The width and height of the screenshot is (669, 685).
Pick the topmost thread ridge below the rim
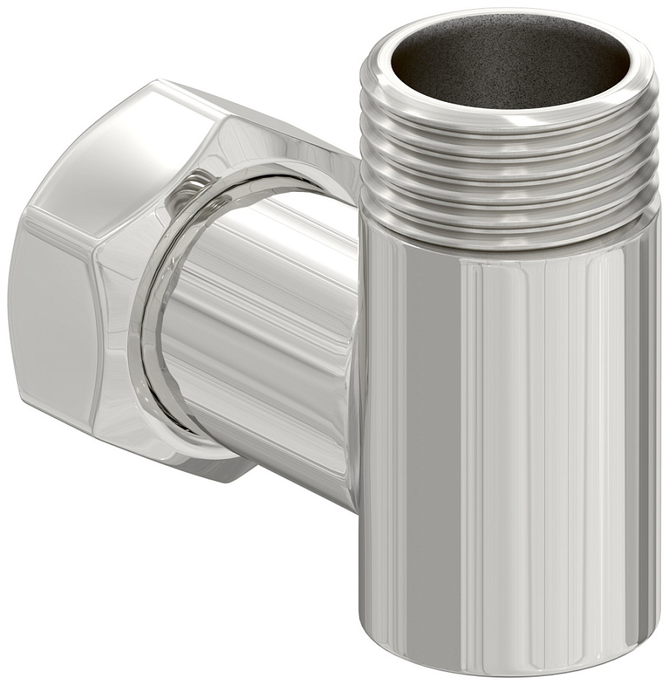click(507, 122)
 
